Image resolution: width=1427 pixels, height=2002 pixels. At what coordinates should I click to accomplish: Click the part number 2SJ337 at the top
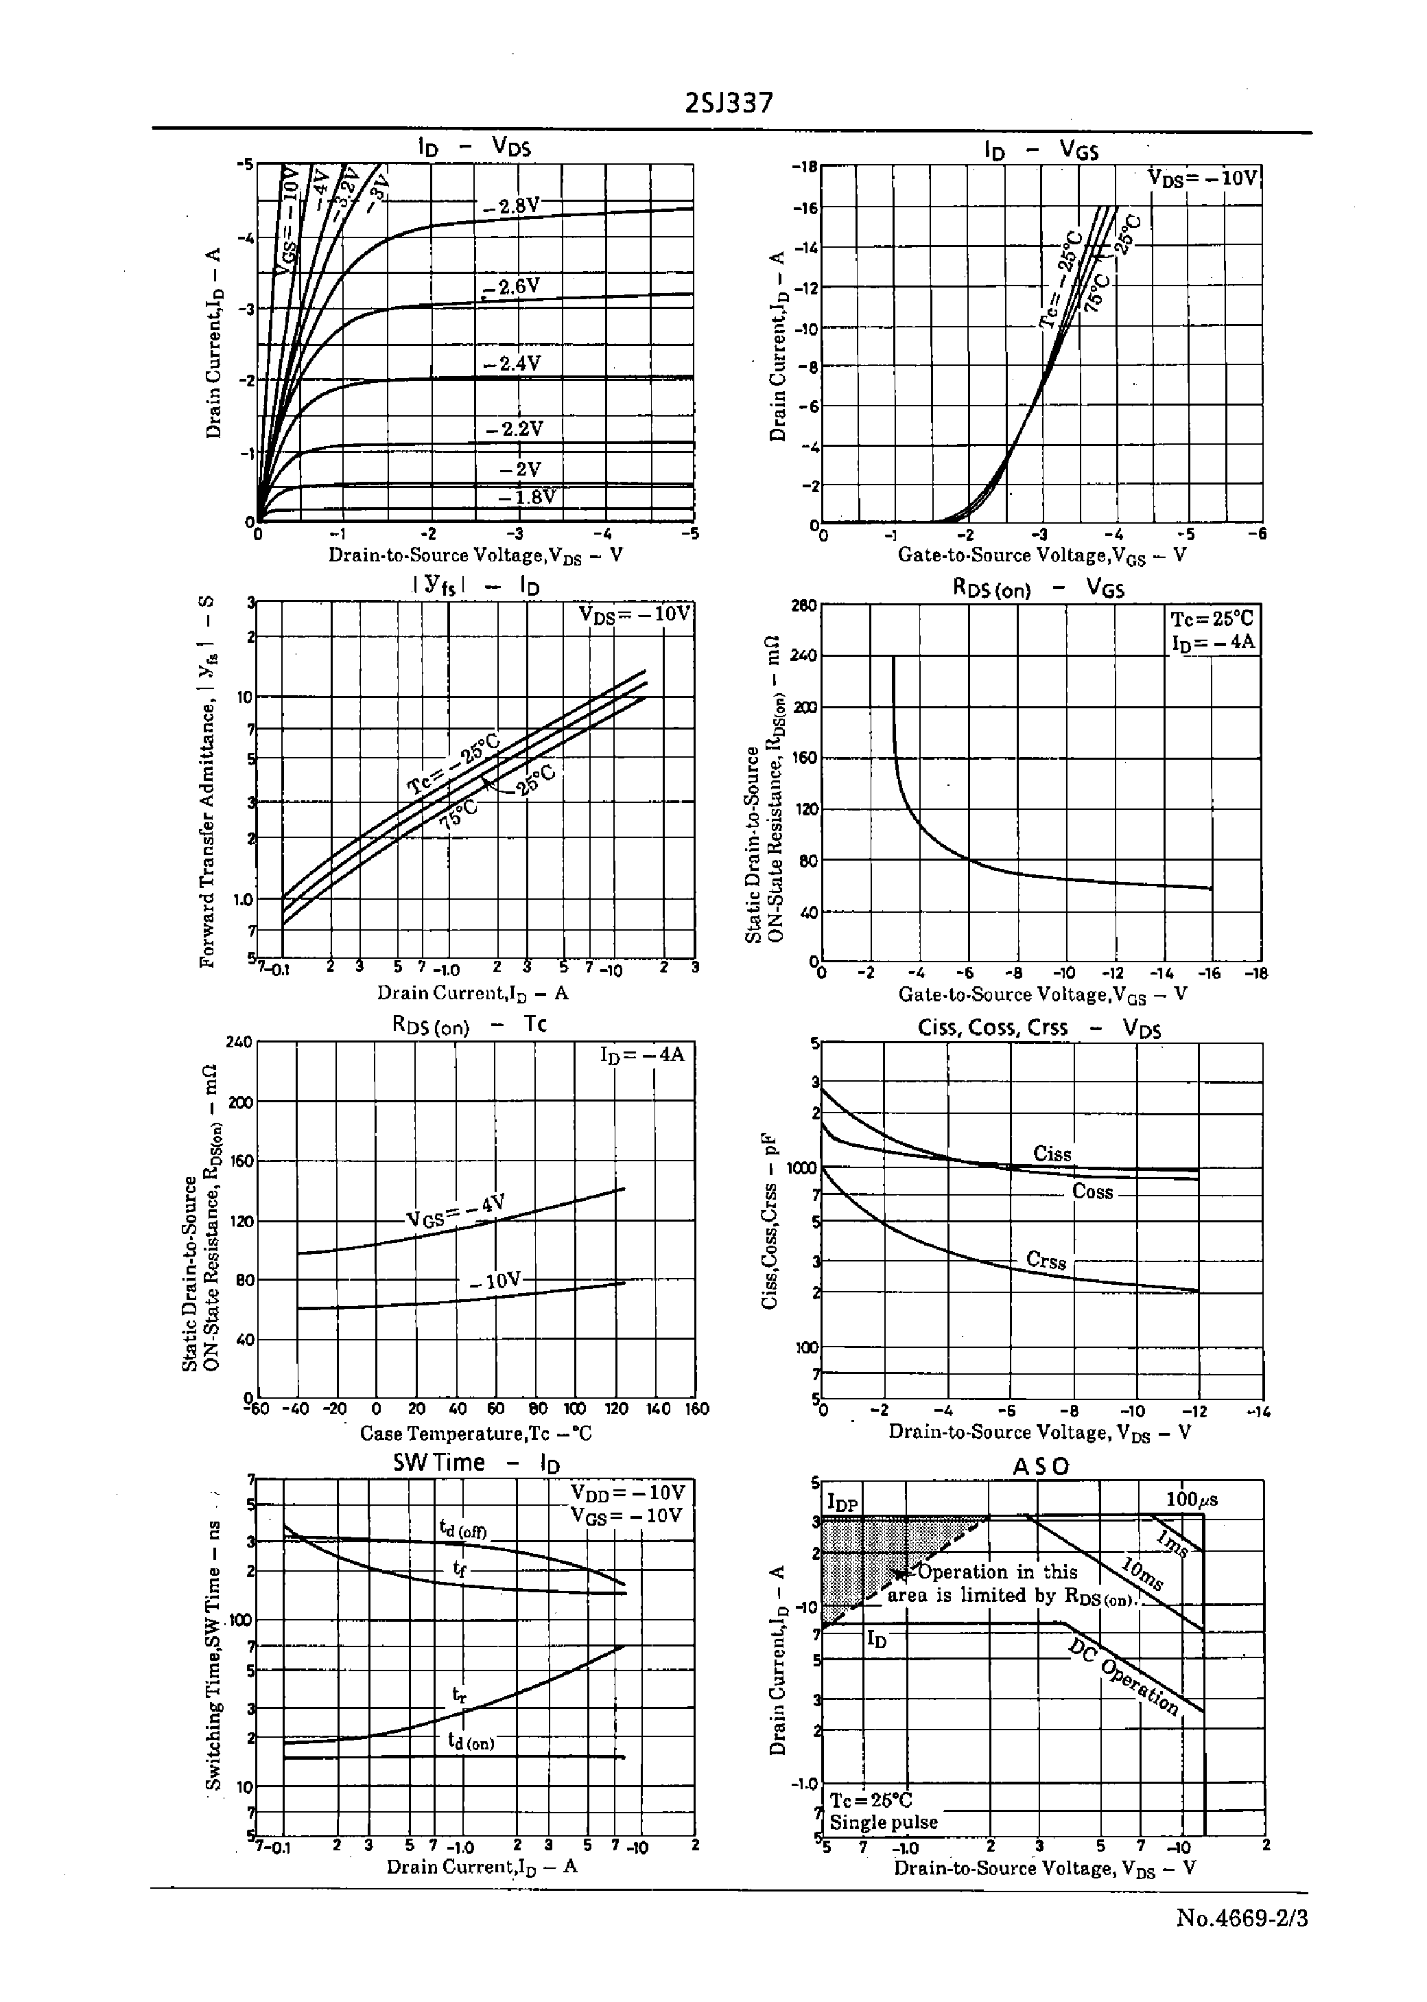[x=729, y=104]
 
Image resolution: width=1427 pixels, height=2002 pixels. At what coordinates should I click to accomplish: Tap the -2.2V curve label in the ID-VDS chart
[x=515, y=429]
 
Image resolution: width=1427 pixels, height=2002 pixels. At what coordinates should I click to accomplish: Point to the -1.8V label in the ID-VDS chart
[x=527, y=498]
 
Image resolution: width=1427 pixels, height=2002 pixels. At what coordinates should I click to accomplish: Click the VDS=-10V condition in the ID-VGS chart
[x=1203, y=178]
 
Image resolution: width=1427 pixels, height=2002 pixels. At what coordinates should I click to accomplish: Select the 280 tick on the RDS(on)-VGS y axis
[x=803, y=605]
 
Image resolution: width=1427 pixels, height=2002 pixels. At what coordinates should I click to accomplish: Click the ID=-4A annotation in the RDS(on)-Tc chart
[x=641, y=1054]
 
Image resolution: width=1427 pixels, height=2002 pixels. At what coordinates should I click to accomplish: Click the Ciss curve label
[x=1052, y=1154]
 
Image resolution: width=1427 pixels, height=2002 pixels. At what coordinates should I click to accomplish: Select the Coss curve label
[x=1092, y=1191]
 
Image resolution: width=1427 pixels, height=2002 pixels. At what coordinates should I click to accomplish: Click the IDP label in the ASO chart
[x=842, y=1504]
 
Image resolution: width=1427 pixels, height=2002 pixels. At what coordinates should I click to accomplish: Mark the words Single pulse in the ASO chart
[x=883, y=1821]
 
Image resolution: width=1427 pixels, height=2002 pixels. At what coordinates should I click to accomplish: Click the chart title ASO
[x=1041, y=1466]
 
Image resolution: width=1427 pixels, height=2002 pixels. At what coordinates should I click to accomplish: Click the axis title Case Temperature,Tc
[x=475, y=1434]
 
